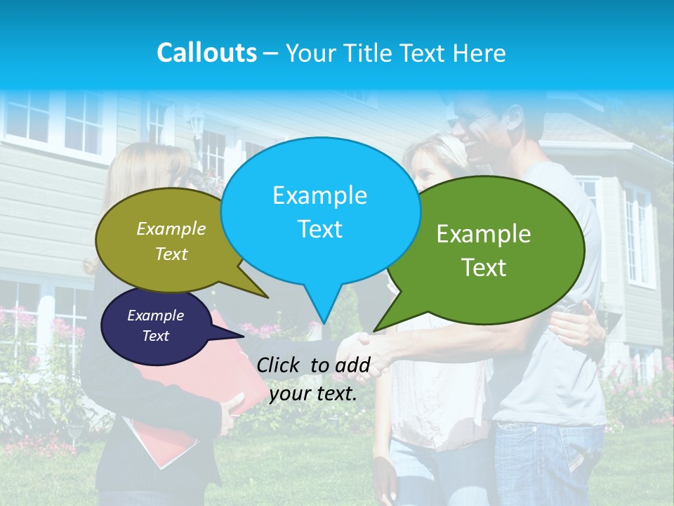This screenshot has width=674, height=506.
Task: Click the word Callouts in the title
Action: click(x=206, y=53)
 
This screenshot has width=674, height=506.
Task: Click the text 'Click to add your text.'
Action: click(x=313, y=379)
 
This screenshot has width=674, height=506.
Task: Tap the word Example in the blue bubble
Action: click(x=319, y=195)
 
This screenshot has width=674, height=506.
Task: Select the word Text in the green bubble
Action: click(x=484, y=267)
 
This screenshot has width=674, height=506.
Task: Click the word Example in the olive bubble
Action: click(x=171, y=228)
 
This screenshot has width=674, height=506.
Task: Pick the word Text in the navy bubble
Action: click(x=155, y=336)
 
